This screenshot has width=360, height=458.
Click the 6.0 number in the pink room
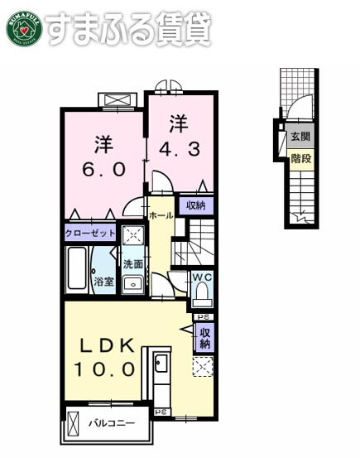coord(103,169)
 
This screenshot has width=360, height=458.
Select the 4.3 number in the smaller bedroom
coord(179,152)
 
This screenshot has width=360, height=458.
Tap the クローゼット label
coord(91,234)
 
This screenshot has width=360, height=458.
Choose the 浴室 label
coord(103,282)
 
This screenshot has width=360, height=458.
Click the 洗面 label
coord(132,264)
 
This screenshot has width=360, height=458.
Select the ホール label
coord(161,215)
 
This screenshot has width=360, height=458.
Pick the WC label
coord(203,277)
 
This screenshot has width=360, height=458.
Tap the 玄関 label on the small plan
coord(300,137)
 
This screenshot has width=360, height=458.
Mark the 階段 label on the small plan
coord(300,158)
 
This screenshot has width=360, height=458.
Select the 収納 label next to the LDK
coord(204,337)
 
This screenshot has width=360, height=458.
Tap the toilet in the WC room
coord(204,293)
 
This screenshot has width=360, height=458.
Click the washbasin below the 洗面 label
coord(131,284)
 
